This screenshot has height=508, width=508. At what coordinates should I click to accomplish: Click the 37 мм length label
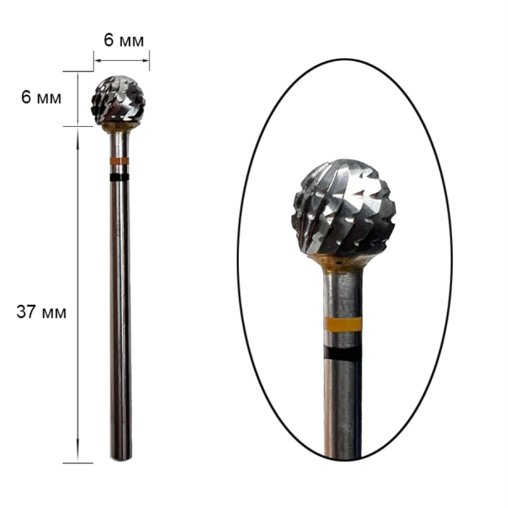[41, 312]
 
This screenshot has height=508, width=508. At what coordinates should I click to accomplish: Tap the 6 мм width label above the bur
[124, 41]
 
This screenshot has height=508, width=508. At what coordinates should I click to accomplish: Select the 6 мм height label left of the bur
[41, 97]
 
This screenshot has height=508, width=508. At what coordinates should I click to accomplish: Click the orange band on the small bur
[119, 161]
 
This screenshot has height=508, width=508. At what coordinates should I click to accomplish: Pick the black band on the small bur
[119, 177]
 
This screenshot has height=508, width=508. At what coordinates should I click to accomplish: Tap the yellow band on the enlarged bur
[343, 324]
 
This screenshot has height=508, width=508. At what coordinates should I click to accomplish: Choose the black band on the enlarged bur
[343, 353]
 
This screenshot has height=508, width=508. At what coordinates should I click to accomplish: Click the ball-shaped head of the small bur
[118, 100]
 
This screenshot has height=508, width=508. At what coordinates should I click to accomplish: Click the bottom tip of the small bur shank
[121, 460]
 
